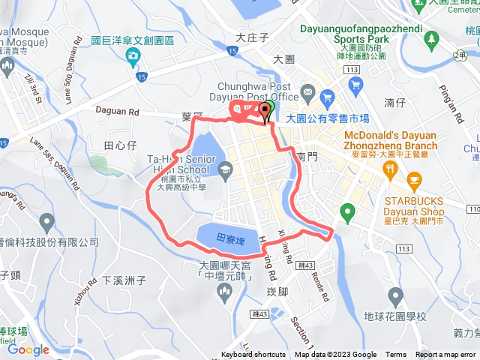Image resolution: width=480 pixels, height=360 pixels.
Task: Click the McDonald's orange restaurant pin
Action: (x=390, y=169)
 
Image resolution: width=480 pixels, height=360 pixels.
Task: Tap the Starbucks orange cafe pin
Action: (x=414, y=179)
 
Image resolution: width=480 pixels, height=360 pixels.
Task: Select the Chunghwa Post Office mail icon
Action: (x=307, y=93)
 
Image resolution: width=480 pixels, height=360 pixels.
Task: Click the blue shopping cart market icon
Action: (x=327, y=97)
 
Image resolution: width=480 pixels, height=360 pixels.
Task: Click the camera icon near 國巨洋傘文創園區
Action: (x=133, y=55)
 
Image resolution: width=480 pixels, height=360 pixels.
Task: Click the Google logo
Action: (x=28, y=349)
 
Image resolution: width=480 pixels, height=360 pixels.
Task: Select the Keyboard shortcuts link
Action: (x=253, y=355)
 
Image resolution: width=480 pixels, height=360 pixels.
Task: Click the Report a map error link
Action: (x=445, y=355)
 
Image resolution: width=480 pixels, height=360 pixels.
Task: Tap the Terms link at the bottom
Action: (x=396, y=355)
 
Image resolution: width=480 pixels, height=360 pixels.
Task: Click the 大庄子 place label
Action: (x=251, y=36)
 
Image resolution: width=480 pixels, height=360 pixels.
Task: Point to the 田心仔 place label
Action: (x=119, y=144)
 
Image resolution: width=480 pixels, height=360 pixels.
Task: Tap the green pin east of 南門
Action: (x=346, y=212)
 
